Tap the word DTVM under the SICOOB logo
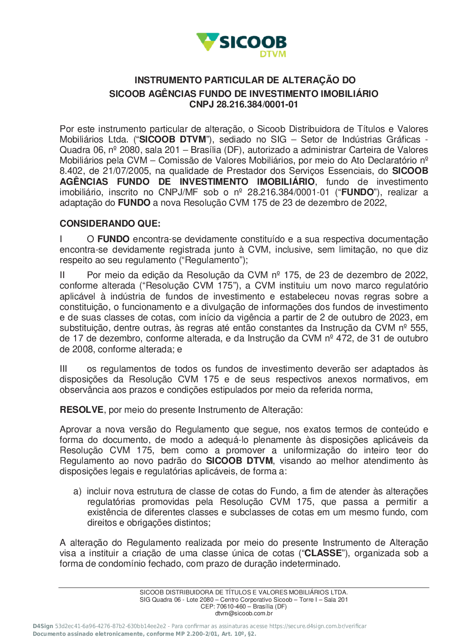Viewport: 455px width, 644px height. click(273, 54)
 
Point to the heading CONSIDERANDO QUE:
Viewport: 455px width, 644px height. click(110, 223)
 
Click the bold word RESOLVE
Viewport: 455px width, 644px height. click(81, 410)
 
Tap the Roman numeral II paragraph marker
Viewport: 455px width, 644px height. click(63, 275)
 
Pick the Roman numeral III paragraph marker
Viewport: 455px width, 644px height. click(64, 369)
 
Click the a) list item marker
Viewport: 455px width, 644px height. click(77, 491)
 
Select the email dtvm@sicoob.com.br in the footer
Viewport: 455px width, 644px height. click(244, 613)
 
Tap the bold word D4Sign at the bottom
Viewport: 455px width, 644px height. click(43, 626)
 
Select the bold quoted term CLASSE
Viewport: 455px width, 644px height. click(323, 553)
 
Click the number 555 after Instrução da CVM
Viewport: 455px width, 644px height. click(419, 328)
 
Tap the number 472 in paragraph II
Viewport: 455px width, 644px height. click(344, 338)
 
